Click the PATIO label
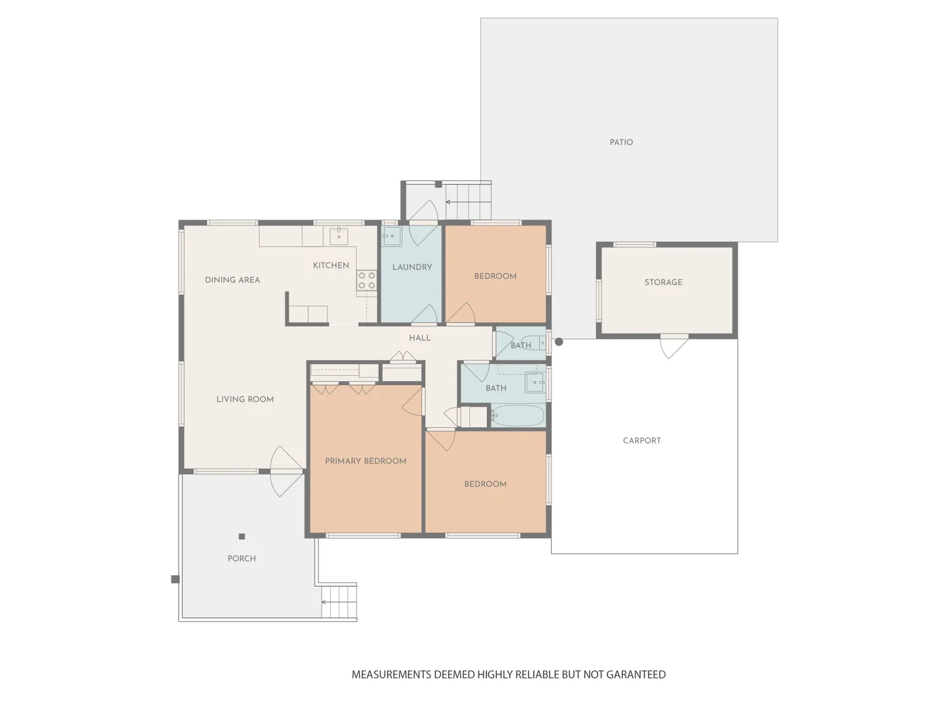621,142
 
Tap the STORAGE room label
663,282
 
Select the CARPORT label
641,440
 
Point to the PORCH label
241,558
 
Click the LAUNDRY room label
412,267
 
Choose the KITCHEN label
331,265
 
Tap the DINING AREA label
232,280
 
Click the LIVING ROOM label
244,399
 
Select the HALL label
419,338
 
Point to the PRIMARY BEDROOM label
365,461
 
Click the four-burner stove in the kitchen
366,280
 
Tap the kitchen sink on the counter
339,235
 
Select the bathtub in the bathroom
518,415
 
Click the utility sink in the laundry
391,236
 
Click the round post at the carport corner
559,341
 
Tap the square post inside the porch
242,537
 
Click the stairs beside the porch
339,601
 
